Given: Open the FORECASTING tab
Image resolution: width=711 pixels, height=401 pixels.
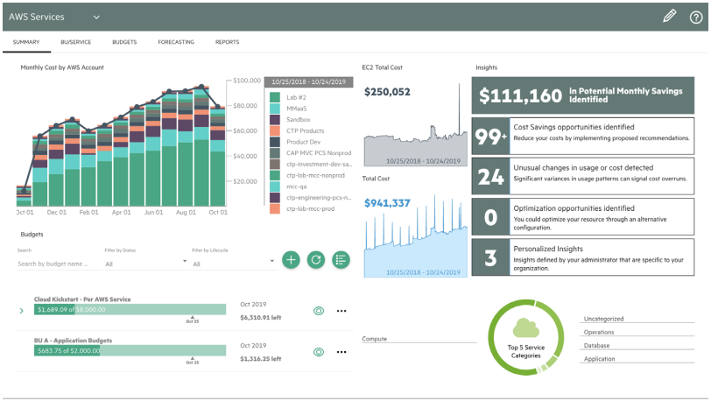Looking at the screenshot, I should click(176, 42).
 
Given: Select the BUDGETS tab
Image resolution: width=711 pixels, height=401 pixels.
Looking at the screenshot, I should click(123, 42).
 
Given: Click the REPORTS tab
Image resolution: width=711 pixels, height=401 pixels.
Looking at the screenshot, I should click(227, 42).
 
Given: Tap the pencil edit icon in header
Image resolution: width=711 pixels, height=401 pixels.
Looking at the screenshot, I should click(669, 16).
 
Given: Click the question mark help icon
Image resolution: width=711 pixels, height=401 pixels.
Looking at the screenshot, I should click(695, 16).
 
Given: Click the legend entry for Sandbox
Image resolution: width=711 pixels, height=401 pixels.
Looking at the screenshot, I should click(298, 119).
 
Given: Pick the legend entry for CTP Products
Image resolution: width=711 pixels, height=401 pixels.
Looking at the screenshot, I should click(305, 130).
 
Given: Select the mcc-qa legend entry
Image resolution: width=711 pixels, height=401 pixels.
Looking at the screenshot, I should click(298, 186).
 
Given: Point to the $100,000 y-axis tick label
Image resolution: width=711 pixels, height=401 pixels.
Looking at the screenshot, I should click(246, 81).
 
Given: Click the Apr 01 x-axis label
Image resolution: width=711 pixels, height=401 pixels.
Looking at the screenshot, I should click(121, 212).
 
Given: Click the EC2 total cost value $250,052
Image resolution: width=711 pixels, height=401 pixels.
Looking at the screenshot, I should click(387, 91).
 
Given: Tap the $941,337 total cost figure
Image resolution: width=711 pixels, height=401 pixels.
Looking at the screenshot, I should click(387, 203).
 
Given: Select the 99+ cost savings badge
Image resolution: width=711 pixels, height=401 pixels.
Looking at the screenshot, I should click(490, 136).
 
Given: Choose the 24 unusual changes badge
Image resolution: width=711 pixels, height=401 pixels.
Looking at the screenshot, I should click(490, 177).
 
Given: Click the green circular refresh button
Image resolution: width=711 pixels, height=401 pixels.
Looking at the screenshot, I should click(316, 259).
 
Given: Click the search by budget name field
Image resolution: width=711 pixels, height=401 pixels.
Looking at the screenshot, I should click(53, 264).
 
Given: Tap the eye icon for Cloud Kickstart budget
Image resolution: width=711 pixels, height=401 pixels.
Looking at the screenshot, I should click(319, 310).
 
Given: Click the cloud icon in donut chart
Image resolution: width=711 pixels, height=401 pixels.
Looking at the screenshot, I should click(526, 328).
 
